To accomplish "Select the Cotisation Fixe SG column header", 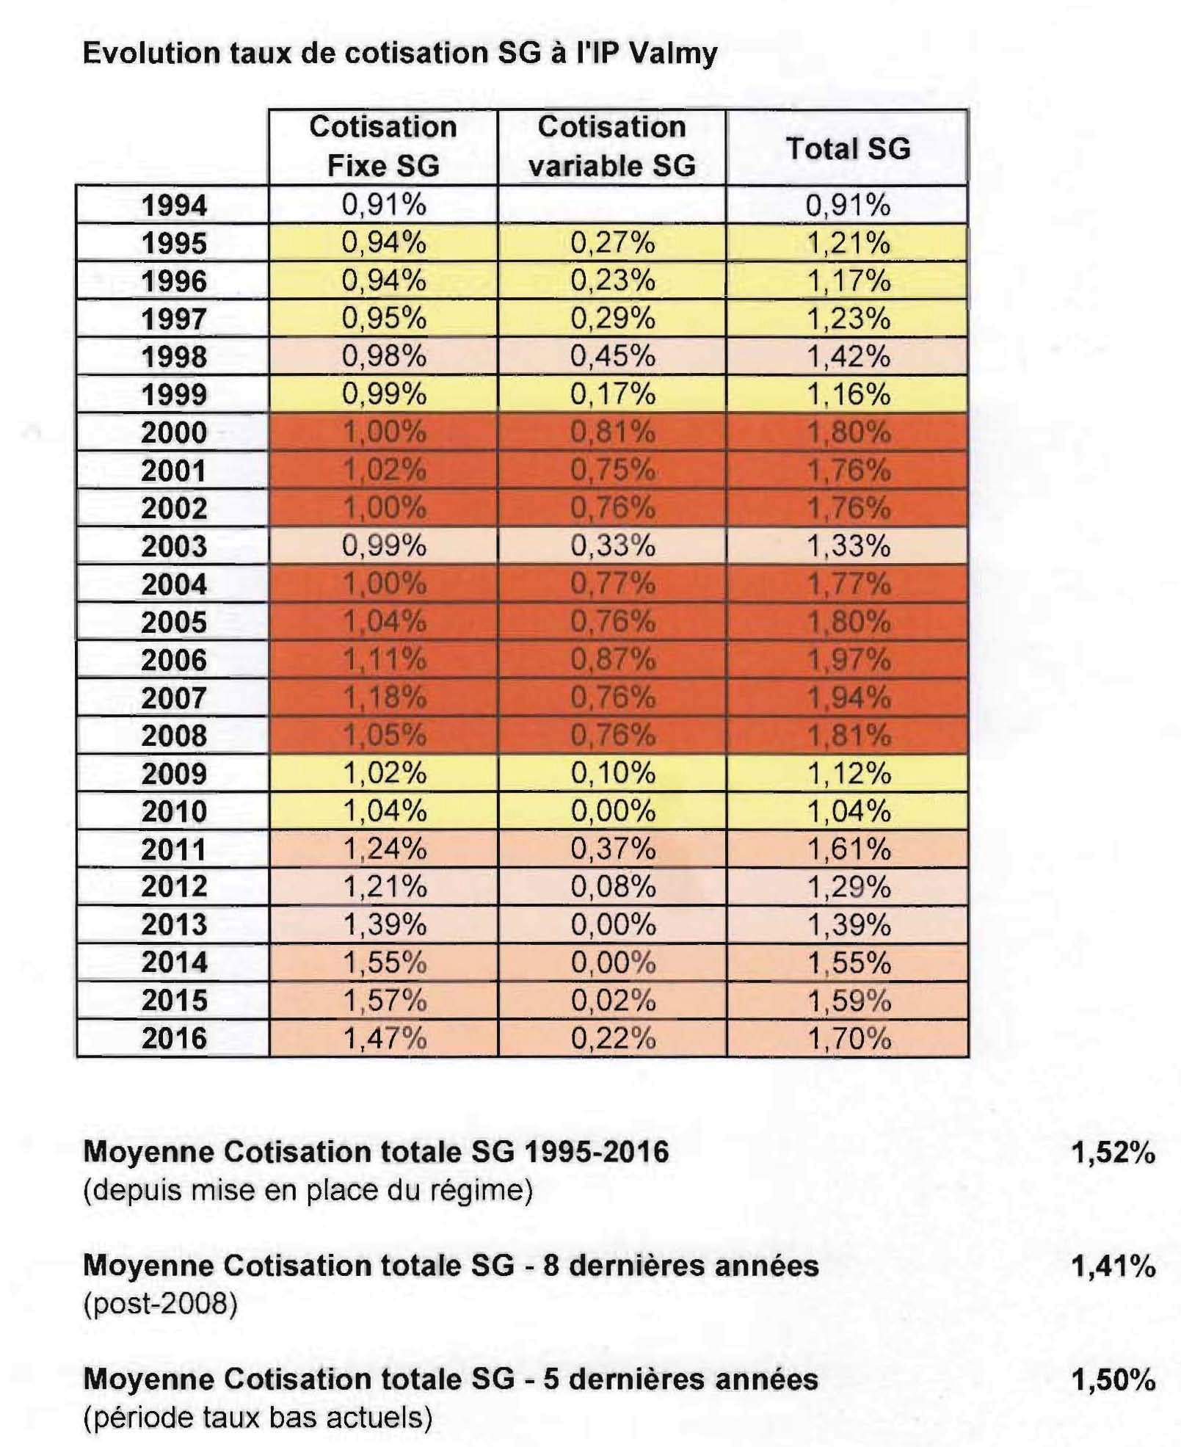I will coord(383,146).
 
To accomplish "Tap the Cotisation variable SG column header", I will coord(611,146).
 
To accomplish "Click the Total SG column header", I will coord(848,148).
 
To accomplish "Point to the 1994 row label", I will coord(174,205).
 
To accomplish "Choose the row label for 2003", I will coord(174,546).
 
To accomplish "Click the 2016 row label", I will coord(174,1038).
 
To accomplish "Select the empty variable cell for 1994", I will coord(611,205).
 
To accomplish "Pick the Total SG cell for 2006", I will coord(848,660).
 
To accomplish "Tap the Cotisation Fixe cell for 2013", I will coord(385,924).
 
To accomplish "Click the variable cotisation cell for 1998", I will coord(612,356).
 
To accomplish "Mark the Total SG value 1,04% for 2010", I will coord(848,811).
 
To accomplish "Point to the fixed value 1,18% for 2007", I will coord(385,697).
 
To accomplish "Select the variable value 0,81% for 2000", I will coord(612,432).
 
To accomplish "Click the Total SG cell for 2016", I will coord(848,1038).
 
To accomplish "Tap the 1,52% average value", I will coord(1113,1153).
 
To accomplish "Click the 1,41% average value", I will coord(1113,1266).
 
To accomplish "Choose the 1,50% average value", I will coord(1113,1380).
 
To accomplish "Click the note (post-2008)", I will coord(160,1305).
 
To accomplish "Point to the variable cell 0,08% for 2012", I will coord(613,887).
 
